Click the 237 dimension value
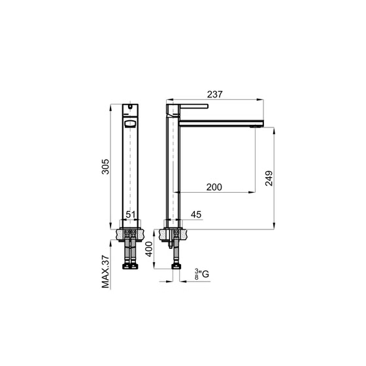(x=215, y=94)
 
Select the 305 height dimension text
(x=105, y=167)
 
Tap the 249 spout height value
(x=269, y=178)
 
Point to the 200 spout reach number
(x=214, y=187)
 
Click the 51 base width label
(x=131, y=214)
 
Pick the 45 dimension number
(x=196, y=214)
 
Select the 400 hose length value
(x=149, y=249)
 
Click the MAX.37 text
(x=105, y=272)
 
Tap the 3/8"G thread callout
(x=202, y=274)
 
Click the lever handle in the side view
(x=194, y=106)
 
